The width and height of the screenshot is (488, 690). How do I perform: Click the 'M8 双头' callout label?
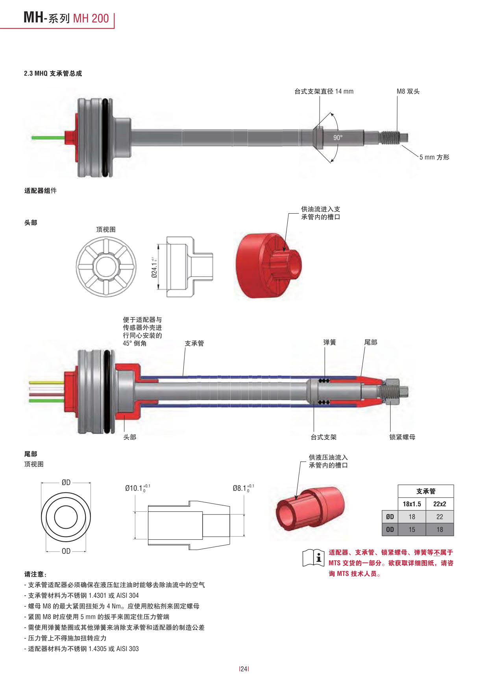tap(408, 91)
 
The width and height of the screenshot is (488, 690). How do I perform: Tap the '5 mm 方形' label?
tap(434, 157)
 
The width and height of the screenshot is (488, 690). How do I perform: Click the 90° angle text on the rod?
tap(338, 137)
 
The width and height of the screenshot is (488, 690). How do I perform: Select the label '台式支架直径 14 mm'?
tap(323, 91)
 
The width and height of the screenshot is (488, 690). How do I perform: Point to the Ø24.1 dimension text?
tap(154, 267)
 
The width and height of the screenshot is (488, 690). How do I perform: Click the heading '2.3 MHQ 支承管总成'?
tap(53, 73)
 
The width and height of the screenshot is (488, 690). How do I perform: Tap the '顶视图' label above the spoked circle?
tap(106, 229)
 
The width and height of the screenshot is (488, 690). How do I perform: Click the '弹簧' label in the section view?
tap(329, 342)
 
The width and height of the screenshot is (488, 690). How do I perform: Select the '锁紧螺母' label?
tap(402, 437)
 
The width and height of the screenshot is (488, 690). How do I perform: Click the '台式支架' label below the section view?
tap(323, 437)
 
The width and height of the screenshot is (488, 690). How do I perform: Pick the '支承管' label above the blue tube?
tap(194, 343)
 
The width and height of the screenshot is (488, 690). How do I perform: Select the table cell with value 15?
tap(412, 529)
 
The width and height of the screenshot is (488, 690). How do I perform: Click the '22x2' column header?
tap(440, 504)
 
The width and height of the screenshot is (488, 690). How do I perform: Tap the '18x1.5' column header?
tap(412, 504)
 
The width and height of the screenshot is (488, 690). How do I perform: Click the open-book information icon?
tap(313, 558)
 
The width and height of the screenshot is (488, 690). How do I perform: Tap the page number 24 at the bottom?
tap(244, 669)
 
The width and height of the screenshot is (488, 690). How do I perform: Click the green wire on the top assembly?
tap(48, 138)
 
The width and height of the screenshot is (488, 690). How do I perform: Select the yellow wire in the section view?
tap(46, 382)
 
